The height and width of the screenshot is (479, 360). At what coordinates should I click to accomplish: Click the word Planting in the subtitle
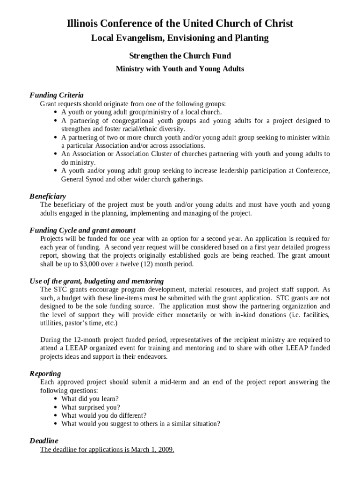click(251, 38)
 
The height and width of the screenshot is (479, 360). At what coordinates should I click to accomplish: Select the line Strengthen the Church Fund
click(180, 56)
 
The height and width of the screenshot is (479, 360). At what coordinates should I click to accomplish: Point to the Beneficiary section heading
click(48, 196)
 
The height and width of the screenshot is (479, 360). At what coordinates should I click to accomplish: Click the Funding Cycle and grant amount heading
click(83, 230)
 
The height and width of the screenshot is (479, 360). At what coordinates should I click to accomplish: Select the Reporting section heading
click(45, 374)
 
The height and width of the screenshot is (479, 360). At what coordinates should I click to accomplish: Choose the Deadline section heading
click(44, 441)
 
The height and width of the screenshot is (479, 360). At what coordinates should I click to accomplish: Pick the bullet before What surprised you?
click(56, 407)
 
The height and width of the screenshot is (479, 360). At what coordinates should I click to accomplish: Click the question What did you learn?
click(90, 399)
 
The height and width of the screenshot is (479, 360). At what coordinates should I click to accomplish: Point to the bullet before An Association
click(56, 154)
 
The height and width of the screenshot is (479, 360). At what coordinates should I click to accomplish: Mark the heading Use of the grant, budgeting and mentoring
click(97, 281)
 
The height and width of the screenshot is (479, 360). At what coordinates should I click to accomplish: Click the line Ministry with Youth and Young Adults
click(180, 69)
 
